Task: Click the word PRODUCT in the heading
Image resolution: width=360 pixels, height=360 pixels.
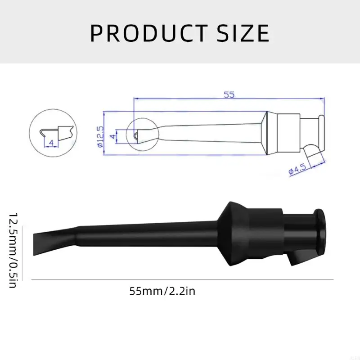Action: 148,33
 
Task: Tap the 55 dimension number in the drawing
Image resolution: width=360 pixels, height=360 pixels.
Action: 229,94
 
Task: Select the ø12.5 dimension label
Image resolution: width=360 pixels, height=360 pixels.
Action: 100,134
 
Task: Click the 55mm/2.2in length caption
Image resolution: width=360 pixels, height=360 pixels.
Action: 162,291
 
